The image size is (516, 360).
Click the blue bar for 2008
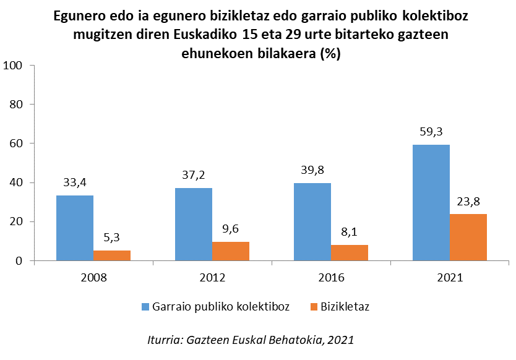[x=75, y=228]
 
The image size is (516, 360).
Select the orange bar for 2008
[x=112, y=255]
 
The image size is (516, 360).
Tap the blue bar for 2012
[x=194, y=225]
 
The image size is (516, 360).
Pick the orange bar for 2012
[x=231, y=251]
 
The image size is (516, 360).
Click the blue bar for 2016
[x=312, y=222]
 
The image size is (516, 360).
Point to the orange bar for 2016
[x=350, y=253]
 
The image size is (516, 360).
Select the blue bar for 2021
[x=431, y=203]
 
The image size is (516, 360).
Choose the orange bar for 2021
[x=468, y=238]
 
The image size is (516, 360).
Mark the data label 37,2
[x=194, y=174]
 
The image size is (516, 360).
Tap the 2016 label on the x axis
[x=331, y=278]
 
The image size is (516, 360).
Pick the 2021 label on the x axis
[x=450, y=278]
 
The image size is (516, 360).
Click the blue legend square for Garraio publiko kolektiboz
[x=146, y=307]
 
